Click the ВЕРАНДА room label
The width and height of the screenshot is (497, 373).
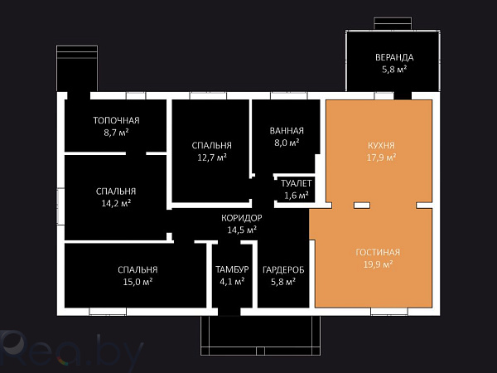pos(394,57)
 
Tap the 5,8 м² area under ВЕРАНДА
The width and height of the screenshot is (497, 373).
pos(394,70)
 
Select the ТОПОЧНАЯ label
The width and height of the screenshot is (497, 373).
pos(116,120)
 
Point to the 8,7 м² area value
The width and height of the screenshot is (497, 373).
pos(116,133)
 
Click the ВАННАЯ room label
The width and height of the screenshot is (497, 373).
pos(287,131)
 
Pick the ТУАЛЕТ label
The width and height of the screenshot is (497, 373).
pos(297,183)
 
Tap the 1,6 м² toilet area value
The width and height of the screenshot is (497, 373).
pos(297,196)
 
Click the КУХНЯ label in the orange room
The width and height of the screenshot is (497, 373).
pos(381,146)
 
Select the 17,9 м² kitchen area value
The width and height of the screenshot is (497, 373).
pos(381,157)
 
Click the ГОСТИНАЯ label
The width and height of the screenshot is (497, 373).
pos(378,253)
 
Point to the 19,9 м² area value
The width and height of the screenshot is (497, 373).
pos(378,264)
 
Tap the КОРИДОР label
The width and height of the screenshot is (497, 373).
pos(242,218)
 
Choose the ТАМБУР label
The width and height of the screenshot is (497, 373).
pos(232,269)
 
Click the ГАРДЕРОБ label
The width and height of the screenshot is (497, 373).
pos(283,269)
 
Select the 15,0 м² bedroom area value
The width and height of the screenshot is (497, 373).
pos(138,282)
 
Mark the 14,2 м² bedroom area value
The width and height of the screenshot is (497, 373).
pos(116,203)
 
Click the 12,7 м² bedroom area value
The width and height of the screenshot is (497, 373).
pos(212,157)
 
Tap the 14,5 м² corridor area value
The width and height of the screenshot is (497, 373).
pos(242,230)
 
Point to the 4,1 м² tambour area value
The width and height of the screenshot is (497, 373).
pos(232,282)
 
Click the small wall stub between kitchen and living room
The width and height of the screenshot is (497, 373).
pos(362,206)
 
